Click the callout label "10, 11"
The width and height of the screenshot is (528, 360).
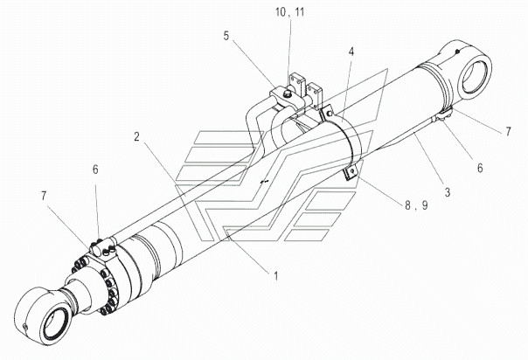[289, 12]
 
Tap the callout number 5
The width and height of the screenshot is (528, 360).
[226, 36]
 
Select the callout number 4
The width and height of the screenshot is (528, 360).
[351, 52]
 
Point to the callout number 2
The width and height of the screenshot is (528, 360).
[136, 136]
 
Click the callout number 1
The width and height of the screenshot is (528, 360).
[276, 277]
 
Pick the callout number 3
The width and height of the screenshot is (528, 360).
[448, 192]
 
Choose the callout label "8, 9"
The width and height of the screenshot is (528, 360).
[416, 205]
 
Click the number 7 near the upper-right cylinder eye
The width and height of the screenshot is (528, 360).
[508, 132]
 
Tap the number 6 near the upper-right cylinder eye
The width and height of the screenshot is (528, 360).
[480, 168]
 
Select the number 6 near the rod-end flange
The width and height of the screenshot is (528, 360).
[95, 170]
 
